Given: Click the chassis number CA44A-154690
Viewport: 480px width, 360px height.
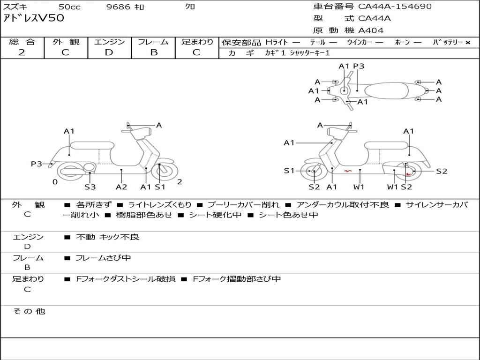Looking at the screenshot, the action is [x=395, y=7].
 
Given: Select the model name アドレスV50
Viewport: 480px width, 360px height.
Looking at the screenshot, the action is [x=34, y=18].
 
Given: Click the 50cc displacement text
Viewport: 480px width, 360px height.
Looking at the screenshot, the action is [x=69, y=7].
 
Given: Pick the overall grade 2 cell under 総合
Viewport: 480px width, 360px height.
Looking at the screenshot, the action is [x=22, y=52].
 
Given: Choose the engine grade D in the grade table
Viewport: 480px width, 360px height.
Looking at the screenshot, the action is [x=109, y=52].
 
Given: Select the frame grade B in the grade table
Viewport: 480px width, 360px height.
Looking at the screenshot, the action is [x=154, y=52].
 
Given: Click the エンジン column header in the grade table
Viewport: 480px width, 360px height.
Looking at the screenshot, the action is [x=109, y=42].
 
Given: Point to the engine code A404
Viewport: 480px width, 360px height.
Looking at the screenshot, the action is [x=371, y=30].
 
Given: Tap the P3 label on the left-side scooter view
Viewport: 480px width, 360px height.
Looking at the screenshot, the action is [x=37, y=164].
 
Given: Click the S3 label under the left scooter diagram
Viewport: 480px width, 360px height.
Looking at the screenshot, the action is [x=90, y=187].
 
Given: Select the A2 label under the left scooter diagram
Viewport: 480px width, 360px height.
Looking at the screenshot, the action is [x=121, y=187].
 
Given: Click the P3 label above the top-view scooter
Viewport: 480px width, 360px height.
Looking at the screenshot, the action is [x=359, y=66].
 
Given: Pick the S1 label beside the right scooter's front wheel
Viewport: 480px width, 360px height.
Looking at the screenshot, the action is [x=289, y=171].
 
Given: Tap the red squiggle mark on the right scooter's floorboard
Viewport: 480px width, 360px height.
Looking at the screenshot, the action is [x=347, y=171].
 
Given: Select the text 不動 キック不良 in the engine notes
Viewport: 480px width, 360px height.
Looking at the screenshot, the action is [x=108, y=237].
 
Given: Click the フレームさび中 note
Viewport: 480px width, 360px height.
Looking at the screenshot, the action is [x=103, y=258].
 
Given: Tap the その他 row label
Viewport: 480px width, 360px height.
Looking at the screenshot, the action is [x=29, y=311].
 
